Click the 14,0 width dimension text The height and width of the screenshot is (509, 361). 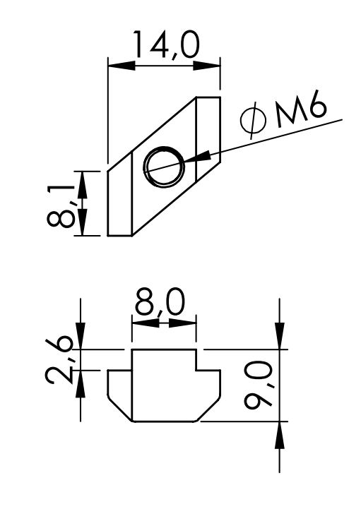165,44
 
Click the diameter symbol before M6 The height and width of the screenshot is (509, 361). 254,120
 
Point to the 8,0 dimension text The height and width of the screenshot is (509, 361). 160,302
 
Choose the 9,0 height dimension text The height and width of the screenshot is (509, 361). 259,386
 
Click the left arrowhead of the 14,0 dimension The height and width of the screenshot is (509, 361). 122,66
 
